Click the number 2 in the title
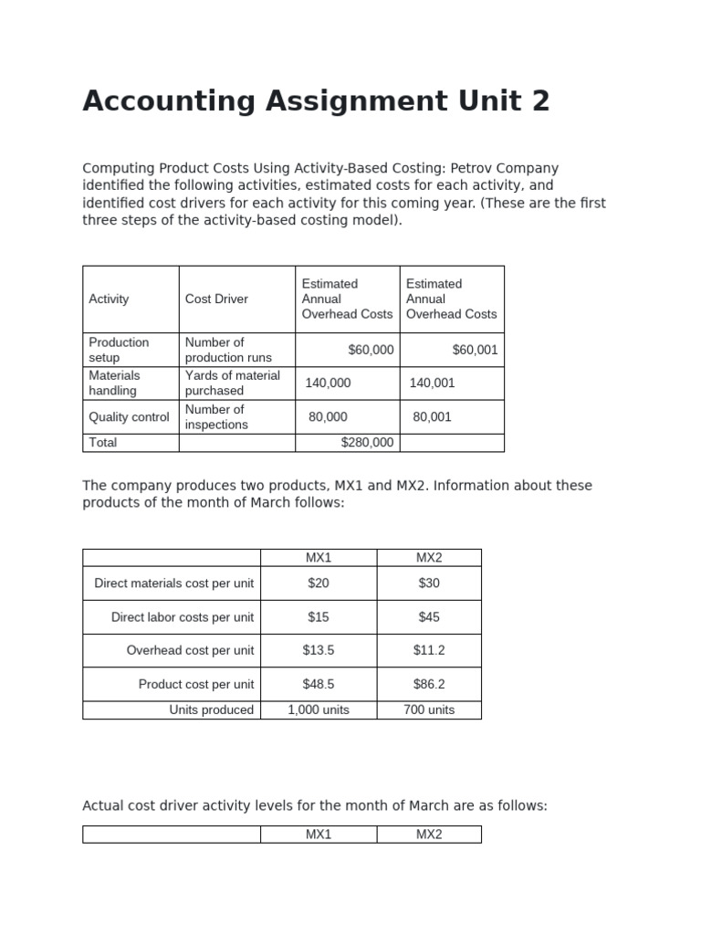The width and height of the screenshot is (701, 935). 540,101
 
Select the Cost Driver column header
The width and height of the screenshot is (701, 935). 216,299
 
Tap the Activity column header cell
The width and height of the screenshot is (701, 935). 109,299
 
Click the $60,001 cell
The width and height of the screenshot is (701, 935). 475,350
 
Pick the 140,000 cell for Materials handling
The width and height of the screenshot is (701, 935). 328,383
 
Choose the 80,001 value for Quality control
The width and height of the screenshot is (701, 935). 432,417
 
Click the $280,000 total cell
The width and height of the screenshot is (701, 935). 367,443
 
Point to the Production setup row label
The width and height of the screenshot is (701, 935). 119,350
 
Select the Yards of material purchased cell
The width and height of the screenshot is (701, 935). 232,383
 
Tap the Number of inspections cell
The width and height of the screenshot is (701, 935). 215,417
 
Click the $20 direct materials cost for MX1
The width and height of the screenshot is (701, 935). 319,583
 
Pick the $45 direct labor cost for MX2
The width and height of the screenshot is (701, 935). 429,617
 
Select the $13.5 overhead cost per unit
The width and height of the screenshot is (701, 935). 319,651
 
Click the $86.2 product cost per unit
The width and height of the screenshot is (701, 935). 429,685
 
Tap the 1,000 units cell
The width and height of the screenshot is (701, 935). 319,710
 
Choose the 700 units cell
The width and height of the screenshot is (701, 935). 429,710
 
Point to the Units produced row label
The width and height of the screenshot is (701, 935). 211,710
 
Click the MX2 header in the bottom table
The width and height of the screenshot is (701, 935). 429,835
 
